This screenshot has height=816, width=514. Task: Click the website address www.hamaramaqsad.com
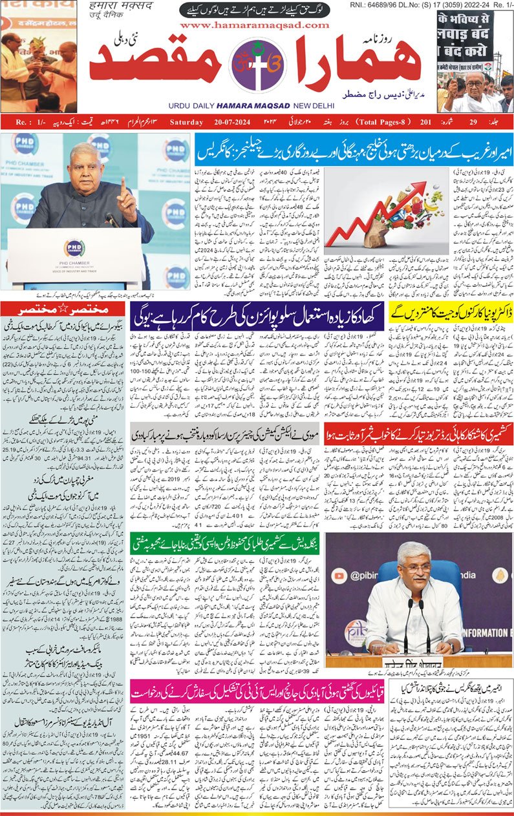tap(254, 25)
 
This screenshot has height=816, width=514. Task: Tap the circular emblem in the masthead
tap(257, 66)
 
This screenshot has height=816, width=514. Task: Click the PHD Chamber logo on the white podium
tap(74, 247)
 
